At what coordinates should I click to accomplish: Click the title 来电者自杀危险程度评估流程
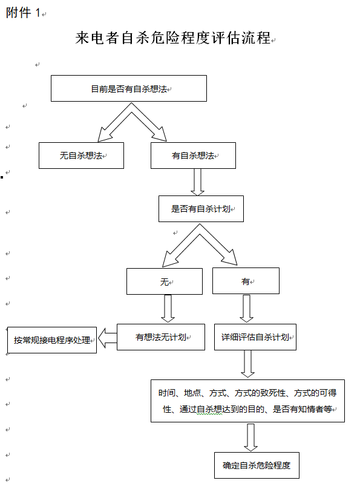coord(173,38)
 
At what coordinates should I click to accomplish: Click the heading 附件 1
coord(23,13)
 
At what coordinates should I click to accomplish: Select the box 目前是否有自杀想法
coord(129,88)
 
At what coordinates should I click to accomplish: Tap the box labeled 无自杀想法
coord(81,156)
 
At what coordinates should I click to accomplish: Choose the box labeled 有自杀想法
coord(193,156)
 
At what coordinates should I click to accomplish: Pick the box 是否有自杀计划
coord(201,209)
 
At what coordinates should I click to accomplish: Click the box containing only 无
coord(165,281)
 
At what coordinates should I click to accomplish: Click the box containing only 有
coord(246,281)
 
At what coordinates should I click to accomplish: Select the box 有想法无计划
coord(161,337)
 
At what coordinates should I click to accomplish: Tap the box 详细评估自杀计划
coord(255,337)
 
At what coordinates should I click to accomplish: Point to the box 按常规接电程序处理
coord(52,340)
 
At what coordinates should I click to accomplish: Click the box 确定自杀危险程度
coord(257,465)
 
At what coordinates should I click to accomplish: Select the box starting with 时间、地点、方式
coord(247,401)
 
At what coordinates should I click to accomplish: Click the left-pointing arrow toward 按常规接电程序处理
coord(107,338)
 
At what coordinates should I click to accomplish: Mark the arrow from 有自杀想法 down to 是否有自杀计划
coord(198,182)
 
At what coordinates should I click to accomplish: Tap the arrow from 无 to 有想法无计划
coord(168,309)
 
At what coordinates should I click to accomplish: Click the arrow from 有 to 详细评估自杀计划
coord(246,309)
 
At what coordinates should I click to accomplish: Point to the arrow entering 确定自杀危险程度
coord(251,438)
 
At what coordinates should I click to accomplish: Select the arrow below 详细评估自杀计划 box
coord(247,364)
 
